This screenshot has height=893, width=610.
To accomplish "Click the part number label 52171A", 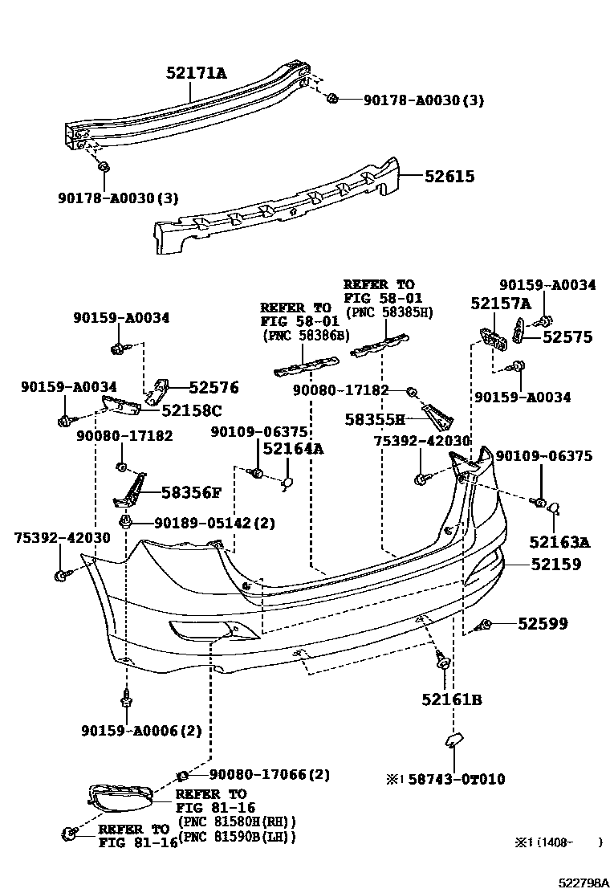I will (196, 75).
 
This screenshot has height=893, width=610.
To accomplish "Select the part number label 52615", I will (449, 177).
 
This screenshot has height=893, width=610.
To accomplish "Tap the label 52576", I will (213, 388).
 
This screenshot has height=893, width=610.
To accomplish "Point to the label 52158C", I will (191, 410).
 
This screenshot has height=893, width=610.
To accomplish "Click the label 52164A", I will (293, 450).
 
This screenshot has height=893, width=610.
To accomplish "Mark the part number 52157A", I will (501, 304).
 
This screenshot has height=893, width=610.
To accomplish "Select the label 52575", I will (567, 338).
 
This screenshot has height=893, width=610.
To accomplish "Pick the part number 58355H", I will (375, 418).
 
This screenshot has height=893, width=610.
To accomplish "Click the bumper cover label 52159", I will (555, 565).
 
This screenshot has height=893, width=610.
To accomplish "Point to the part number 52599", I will (543, 623).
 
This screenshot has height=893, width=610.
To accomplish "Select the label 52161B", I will (451, 700).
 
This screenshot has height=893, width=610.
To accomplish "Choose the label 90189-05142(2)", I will (213, 523).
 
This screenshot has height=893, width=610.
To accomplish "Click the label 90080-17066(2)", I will (269, 775).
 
